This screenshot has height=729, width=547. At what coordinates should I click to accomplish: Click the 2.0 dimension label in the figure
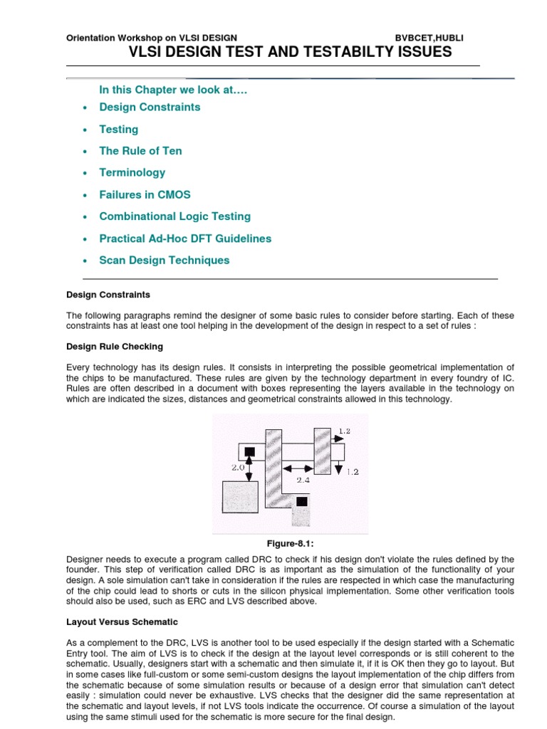[x=238, y=468]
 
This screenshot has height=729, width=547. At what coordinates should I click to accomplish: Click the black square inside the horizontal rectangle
[x=249, y=451]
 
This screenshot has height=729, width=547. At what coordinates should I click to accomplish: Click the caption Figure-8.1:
[x=290, y=543]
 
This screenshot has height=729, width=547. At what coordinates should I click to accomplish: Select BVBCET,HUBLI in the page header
[x=429, y=37]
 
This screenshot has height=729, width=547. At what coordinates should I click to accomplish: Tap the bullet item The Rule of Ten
[x=140, y=151]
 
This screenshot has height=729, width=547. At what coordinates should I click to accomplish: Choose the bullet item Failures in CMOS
[x=145, y=194]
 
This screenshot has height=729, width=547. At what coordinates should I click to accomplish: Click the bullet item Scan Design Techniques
[x=164, y=260]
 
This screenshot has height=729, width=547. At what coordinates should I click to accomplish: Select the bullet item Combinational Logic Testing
[x=174, y=216]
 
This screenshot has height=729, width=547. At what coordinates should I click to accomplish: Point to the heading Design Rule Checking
[x=114, y=347]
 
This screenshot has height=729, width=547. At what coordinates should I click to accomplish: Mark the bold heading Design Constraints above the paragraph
[x=108, y=294]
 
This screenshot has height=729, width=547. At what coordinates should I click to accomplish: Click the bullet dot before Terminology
[x=85, y=173]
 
